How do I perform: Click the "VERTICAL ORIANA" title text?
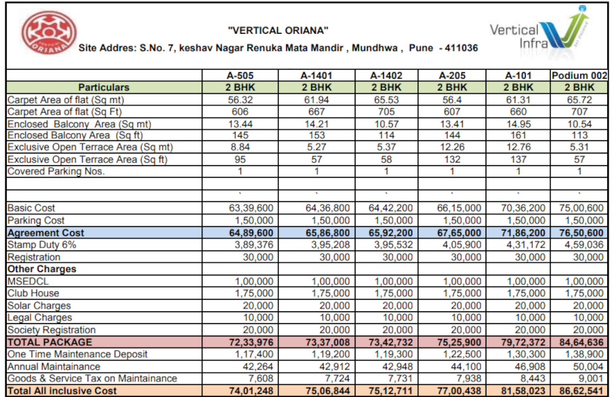tap(278, 30)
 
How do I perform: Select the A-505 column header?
tap(241, 75)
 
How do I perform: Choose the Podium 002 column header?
tap(580, 75)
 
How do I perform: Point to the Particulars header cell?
tap(104, 87)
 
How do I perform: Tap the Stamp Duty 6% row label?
tap(42, 244)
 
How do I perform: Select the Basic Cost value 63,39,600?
tap(251, 208)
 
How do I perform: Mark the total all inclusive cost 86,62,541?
tap(582, 391)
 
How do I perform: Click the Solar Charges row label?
tap(39, 306)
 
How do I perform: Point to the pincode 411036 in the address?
tap(458, 49)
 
